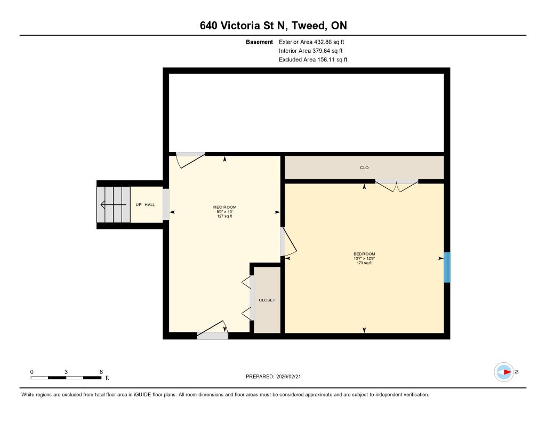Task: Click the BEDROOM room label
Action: pos(364,254)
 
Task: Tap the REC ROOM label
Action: pos(224,207)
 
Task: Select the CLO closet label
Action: pos(364,168)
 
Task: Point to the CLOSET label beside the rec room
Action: pos(267,300)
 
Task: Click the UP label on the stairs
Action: pos(139,204)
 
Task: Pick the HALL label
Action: pos(150,204)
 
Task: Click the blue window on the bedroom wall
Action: pos(447,267)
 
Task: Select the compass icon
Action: pos(504,372)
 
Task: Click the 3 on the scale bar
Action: pos(66,372)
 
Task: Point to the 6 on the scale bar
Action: pos(101,372)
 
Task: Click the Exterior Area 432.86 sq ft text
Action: pos(311,42)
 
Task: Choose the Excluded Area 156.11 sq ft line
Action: pos(313,60)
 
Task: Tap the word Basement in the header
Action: pos(260,42)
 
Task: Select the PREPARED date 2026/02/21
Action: pos(288,376)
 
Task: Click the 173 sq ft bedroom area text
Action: pos(364,263)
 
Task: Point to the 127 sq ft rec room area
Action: pos(224,216)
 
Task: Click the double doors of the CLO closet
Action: pos(397,186)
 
